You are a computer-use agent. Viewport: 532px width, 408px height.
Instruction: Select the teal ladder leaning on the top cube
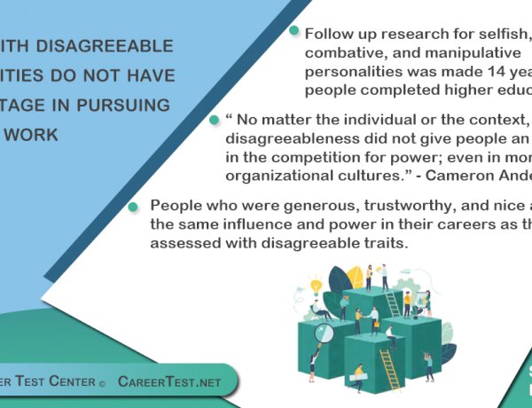coord(393,304)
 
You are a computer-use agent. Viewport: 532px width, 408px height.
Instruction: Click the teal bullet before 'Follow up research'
coord(294,31)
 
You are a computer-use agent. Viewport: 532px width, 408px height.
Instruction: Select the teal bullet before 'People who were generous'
coord(133,206)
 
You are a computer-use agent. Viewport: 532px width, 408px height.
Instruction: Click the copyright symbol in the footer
coord(102,382)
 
